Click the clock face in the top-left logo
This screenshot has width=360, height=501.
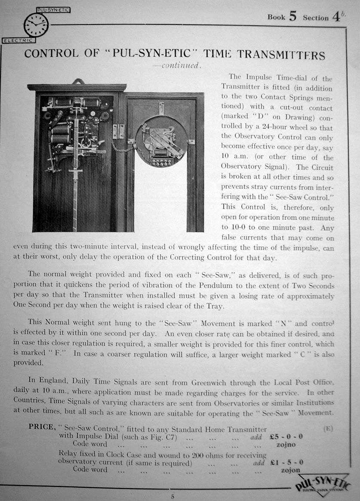36,25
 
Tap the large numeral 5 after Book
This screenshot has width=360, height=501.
292,16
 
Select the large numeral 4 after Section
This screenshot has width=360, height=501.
336,17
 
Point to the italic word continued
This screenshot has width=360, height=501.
180,65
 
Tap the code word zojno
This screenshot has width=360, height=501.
286,444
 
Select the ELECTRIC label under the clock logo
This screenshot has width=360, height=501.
18,40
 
